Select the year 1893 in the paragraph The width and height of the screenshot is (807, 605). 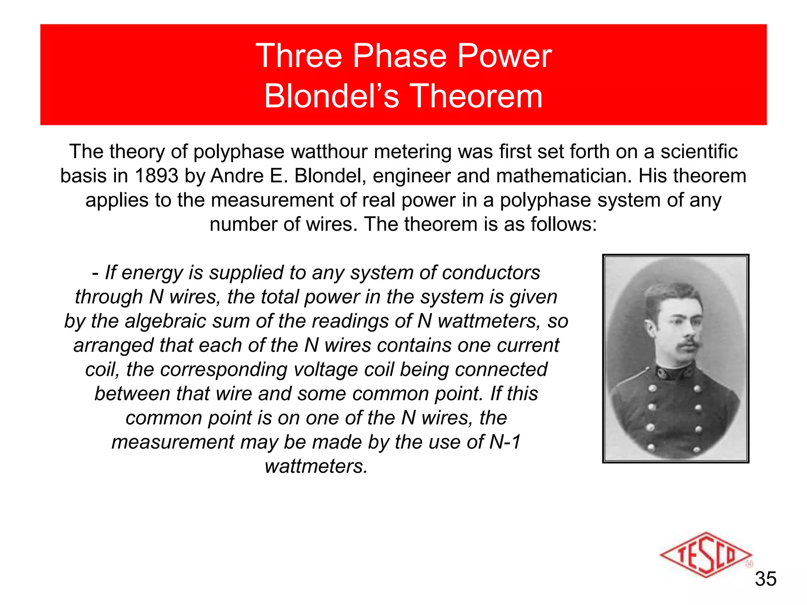click(x=156, y=176)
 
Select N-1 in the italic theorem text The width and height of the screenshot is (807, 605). click(x=505, y=442)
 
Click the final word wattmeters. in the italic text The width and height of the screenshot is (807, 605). click(x=316, y=466)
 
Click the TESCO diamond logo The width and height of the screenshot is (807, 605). click(x=705, y=555)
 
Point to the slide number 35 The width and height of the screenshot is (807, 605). click(x=765, y=579)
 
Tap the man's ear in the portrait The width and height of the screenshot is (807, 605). click(x=651, y=327)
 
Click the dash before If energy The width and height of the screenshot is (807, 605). click(x=95, y=273)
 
